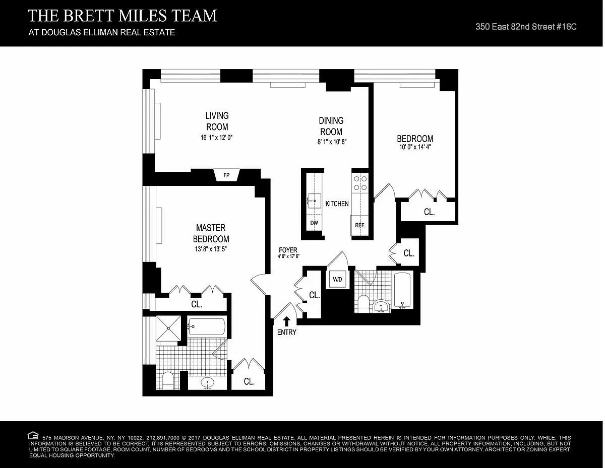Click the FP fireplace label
click(x=226, y=175)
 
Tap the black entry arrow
click(x=286, y=321)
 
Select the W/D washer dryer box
click(x=337, y=279)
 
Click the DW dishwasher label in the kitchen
click(x=314, y=223)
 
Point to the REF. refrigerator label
click(x=360, y=225)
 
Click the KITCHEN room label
click(x=337, y=204)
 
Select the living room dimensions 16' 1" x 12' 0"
click(x=216, y=138)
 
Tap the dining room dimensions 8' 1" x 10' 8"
click(x=332, y=142)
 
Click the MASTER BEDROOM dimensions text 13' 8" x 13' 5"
click(x=211, y=249)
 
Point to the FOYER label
click(x=288, y=250)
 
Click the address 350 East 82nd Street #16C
click(x=526, y=27)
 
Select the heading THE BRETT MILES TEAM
click(x=122, y=16)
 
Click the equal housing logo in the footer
click(x=33, y=435)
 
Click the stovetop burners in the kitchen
click(x=360, y=183)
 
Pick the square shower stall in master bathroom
click(x=168, y=328)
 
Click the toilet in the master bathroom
click(x=167, y=380)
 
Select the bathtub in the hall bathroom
click(x=402, y=290)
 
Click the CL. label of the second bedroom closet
click(x=429, y=212)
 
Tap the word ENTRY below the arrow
click(x=287, y=332)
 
